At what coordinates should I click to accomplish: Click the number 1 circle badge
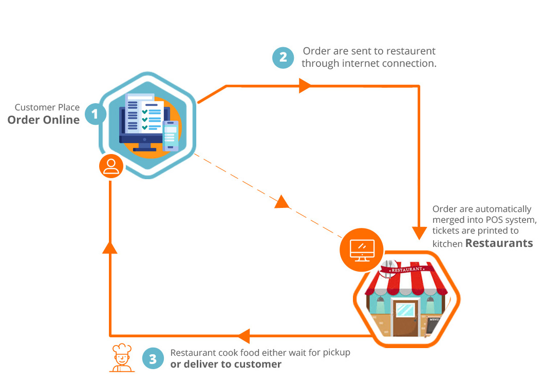point(95,113)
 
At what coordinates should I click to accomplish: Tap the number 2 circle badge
point(283,58)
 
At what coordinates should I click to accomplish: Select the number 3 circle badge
point(153,359)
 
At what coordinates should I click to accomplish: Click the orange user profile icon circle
point(111,166)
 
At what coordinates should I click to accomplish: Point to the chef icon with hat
point(122,358)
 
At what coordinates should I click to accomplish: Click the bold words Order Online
point(44,120)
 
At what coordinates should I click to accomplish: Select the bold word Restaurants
point(499,243)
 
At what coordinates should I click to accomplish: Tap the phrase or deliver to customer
point(226,364)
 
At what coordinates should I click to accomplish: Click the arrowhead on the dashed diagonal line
point(282,201)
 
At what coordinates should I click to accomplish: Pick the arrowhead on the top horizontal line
point(305,86)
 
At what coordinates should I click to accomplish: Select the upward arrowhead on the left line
point(110,247)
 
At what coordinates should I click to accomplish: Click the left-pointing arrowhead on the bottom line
point(242,336)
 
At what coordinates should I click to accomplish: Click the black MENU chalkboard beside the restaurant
point(433,323)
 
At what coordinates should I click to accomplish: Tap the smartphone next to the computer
point(171,136)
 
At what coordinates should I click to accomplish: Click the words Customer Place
point(47,107)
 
